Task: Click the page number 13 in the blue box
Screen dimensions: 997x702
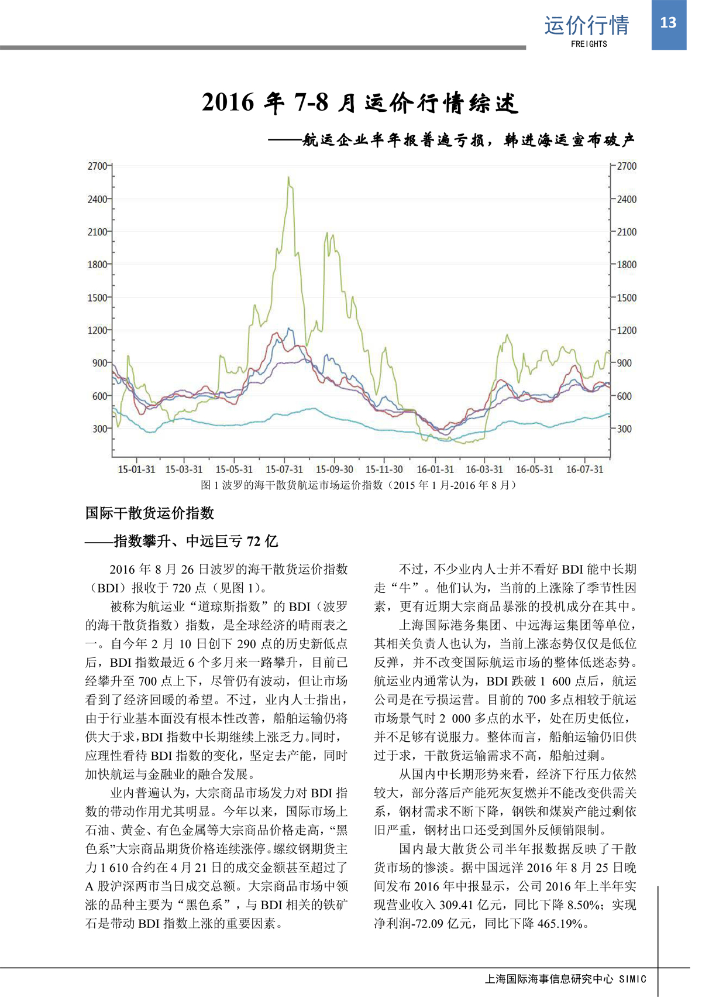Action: [668, 23]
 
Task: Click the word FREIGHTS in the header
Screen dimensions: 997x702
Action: [589, 44]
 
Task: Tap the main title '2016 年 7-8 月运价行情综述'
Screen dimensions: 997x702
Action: [360, 103]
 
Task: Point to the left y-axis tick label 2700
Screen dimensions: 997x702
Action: [98, 166]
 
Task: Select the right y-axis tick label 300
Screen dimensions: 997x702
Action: [624, 429]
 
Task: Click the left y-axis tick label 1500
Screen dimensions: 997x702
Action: [98, 298]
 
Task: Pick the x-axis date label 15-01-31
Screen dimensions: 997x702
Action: [136, 470]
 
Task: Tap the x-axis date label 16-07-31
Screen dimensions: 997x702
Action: [584, 470]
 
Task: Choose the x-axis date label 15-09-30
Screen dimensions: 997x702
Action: [335, 470]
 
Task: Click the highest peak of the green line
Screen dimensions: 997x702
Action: [288, 177]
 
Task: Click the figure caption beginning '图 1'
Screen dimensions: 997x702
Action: [358, 485]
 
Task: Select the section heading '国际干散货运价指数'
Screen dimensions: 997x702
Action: [150, 513]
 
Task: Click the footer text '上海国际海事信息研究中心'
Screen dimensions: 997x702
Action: [549, 979]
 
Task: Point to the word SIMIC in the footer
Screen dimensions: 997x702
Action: [633, 979]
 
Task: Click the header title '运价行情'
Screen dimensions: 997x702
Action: [587, 25]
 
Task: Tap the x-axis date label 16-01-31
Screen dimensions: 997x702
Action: [435, 470]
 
